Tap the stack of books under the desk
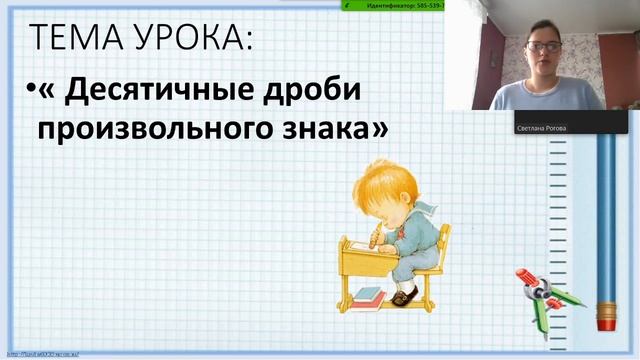click(x=368, y=295)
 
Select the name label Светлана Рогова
click(x=541, y=128)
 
